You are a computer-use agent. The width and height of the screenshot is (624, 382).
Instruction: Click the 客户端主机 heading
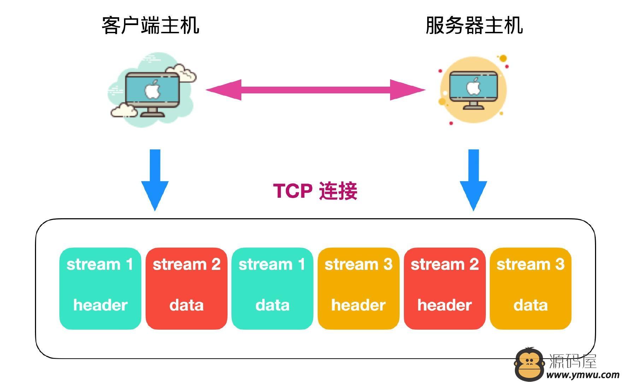[151, 25]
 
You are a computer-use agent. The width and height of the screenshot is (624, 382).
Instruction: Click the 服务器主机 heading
[474, 25]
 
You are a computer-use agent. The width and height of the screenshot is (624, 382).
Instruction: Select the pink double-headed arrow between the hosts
[316, 90]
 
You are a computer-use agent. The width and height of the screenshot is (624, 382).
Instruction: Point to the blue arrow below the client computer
[155, 180]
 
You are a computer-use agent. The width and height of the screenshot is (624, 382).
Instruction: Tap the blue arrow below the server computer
[473, 180]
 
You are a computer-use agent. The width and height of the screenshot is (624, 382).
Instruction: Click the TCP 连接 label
[315, 191]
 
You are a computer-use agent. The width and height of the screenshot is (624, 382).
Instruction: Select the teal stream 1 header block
[100, 289]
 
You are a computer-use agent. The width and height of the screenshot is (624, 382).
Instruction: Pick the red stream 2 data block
[186, 289]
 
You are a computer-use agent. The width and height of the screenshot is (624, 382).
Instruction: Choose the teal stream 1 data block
[272, 289]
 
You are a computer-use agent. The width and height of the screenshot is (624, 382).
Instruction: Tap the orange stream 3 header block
[358, 289]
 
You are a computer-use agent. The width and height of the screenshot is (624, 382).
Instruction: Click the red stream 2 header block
[445, 289]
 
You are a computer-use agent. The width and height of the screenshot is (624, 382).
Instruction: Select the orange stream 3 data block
[530, 289]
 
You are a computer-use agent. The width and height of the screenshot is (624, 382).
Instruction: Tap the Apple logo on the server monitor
[473, 86]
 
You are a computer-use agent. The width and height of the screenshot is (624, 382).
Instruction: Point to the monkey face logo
[529, 363]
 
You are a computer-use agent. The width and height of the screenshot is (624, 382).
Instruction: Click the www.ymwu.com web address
[583, 375]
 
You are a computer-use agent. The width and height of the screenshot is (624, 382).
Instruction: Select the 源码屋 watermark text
[573, 361]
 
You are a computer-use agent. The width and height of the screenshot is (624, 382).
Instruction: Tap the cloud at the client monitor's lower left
[124, 110]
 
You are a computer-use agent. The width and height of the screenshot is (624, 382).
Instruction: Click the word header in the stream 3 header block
[358, 305]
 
